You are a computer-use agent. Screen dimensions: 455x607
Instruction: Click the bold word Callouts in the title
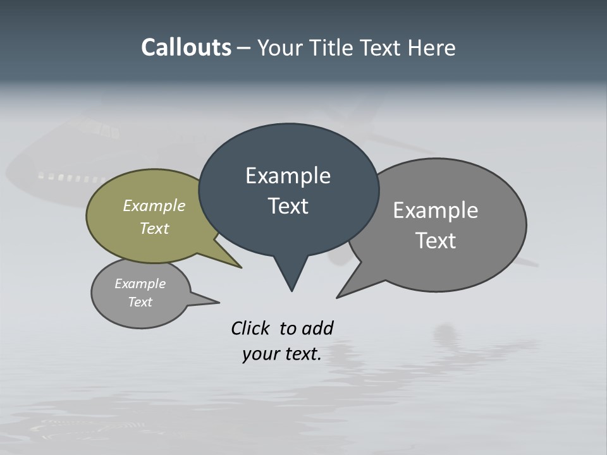[186, 47]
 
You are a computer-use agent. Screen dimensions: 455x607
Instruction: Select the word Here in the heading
[432, 48]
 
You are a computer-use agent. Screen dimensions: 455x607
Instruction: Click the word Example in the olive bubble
[154, 206]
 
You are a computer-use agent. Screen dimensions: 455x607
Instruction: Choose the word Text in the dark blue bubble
[288, 206]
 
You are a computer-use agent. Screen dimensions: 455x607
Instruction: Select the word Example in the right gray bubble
[436, 210]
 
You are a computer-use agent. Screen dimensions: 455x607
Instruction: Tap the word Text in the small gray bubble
[140, 302]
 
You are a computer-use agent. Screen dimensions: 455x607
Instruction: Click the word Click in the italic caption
[250, 328]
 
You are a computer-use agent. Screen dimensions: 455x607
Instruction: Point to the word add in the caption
[317, 328]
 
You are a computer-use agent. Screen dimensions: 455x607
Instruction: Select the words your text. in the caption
[282, 354]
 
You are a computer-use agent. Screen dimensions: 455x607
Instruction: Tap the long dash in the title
[244, 48]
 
